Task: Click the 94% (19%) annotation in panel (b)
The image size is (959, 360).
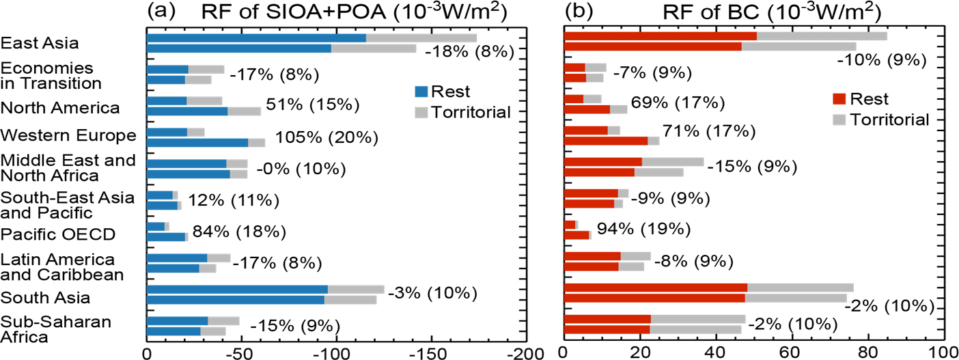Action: (x=643, y=228)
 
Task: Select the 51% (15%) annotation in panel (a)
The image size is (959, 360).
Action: (x=318, y=106)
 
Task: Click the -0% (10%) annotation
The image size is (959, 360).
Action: (x=301, y=169)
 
